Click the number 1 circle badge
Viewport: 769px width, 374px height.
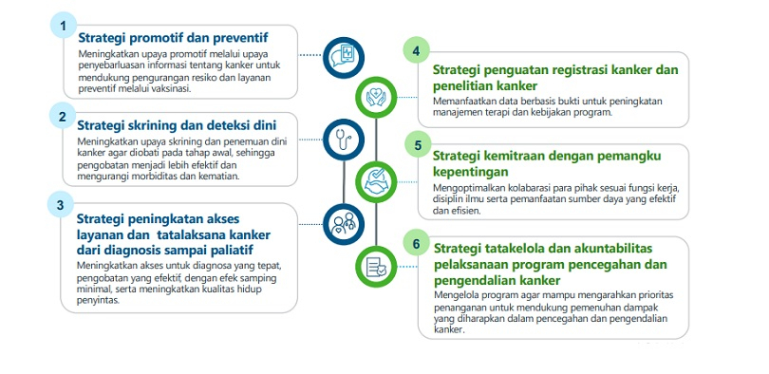click(x=64, y=25)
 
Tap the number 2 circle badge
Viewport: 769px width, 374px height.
click(x=63, y=116)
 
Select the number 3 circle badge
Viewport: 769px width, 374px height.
click(x=61, y=205)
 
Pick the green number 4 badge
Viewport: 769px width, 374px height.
click(x=417, y=51)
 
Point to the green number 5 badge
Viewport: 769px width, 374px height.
click(x=418, y=144)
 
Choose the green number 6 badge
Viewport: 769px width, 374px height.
click(x=417, y=244)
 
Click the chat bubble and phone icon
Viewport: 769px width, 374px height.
click(x=344, y=58)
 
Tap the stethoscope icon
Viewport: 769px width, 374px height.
click(x=344, y=140)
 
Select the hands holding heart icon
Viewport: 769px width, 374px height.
click(x=376, y=97)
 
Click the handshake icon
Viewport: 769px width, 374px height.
click(x=376, y=182)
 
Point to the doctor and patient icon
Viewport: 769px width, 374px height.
click(x=344, y=224)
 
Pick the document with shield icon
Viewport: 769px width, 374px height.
click(x=376, y=267)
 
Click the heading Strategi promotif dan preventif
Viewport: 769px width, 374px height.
click(x=174, y=38)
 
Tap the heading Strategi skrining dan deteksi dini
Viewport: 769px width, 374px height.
click(x=177, y=125)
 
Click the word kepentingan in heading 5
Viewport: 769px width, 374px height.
click(x=471, y=173)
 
